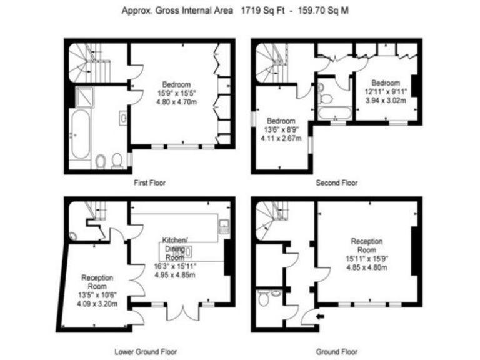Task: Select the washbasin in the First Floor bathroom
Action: coord(122,117)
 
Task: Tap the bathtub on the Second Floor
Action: coord(334,114)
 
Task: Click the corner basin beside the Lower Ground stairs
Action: coord(73,236)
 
